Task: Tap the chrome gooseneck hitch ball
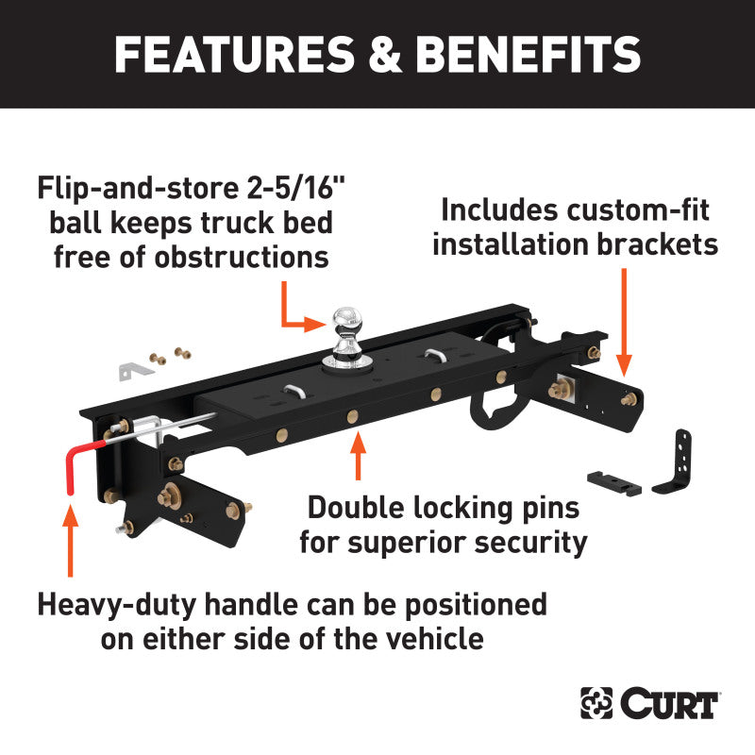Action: [x=345, y=324]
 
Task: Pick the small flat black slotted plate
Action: [x=614, y=482]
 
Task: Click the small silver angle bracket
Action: [x=134, y=369]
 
